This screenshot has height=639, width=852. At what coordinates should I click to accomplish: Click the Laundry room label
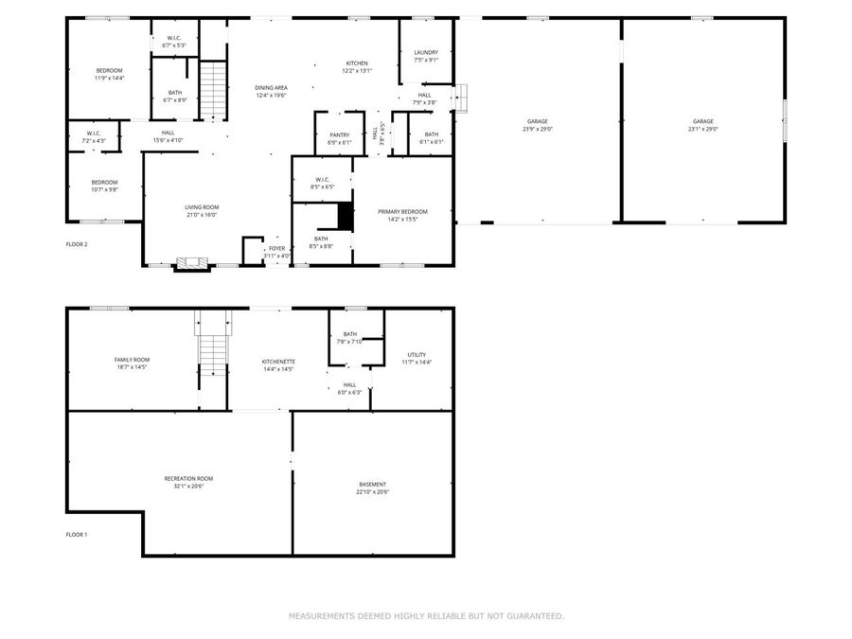pyautogui.click(x=426, y=52)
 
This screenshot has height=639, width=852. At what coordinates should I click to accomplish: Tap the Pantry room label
pyautogui.click(x=340, y=134)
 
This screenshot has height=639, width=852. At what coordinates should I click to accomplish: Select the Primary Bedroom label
pyautogui.click(x=402, y=211)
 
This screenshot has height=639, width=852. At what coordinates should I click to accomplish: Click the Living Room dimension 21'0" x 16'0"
pyautogui.click(x=202, y=215)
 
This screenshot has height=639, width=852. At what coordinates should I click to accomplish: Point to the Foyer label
pyautogui.click(x=276, y=248)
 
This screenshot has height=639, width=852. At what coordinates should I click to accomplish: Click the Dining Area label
pyautogui.click(x=271, y=87)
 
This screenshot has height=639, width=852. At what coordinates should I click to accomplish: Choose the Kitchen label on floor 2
pyautogui.click(x=357, y=62)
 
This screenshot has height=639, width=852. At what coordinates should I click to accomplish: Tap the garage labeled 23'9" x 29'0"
pyautogui.click(x=538, y=121)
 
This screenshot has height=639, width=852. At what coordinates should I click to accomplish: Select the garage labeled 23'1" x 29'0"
pyautogui.click(x=702, y=121)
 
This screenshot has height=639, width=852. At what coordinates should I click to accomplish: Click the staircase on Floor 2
pyautogui.click(x=214, y=90)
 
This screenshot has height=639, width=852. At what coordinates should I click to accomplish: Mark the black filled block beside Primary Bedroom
pyautogui.click(x=346, y=216)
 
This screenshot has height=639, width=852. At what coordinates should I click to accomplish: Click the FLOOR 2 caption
pyautogui.click(x=77, y=244)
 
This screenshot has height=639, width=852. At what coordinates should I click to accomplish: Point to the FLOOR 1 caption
pyautogui.click(x=77, y=535)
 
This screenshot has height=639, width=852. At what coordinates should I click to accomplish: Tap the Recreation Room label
pyautogui.click(x=183, y=478)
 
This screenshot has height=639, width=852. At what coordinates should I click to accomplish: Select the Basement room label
pyautogui.click(x=372, y=484)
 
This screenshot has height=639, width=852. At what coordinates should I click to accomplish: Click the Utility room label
pyautogui.click(x=417, y=354)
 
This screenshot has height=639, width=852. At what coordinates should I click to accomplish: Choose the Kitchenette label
pyautogui.click(x=278, y=361)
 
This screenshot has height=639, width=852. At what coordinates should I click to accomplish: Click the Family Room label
pyautogui.click(x=132, y=359)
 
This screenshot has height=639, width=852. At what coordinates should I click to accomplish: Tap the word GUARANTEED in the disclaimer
pyautogui.click(x=533, y=616)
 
